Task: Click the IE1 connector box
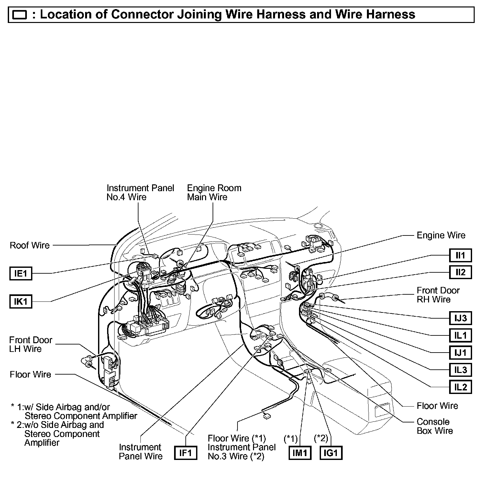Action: tap(21, 274)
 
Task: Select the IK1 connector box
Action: tap(21, 302)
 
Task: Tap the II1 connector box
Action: tap(460, 256)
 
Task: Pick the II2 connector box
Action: tap(460, 272)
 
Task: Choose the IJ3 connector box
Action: tap(460, 318)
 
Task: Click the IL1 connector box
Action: tap(460, 335)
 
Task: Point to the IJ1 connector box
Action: tap(460, 353)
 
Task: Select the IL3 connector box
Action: tap(460, 370)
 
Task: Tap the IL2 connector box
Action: tap(460, 387)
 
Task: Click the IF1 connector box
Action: tap(186, 453)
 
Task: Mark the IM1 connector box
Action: tap(300, 453)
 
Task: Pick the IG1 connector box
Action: tap(331, 453)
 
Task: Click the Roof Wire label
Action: tap(30, 245)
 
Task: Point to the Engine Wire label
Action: tap(441, 235)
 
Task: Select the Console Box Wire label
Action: tap(435, 426)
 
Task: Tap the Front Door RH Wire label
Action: tap(438, 295)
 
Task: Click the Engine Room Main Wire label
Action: tap(214, 192)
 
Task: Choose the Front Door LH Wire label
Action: tap(30, 344)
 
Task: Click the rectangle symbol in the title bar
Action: tap(20, 15)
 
